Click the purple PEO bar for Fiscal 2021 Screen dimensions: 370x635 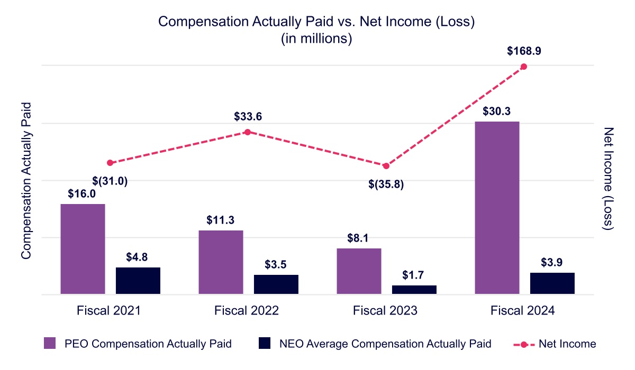83,249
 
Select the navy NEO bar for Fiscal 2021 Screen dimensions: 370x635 138,281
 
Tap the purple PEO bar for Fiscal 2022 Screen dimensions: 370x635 221,262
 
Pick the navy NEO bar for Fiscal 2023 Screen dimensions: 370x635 414,290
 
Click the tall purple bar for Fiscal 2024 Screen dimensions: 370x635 497,208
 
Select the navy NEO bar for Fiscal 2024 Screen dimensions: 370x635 552,283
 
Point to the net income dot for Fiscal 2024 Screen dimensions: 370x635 524,67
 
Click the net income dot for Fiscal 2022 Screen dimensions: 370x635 247,132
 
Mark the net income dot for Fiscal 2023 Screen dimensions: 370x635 386,166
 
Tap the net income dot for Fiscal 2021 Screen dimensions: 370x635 110,163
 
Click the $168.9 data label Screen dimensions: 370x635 524,51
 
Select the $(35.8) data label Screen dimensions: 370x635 386,185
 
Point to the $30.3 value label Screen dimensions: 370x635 497,112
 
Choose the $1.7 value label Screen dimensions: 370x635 414,275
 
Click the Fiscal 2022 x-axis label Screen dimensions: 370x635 247,311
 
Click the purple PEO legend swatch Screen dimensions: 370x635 51,344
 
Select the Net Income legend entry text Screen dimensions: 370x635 567,344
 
